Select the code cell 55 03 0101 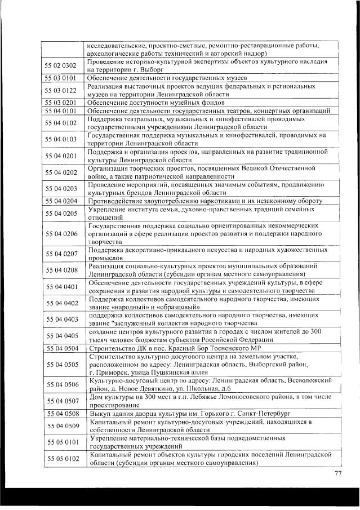[61, 78]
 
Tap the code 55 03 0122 [61, 90]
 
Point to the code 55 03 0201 [61, 102]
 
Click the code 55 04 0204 [61, 201]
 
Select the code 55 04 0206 [61, 233]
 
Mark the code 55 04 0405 [61, 336]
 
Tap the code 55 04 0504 [61, 348]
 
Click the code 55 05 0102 [61, 459]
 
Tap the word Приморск [114, 372]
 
